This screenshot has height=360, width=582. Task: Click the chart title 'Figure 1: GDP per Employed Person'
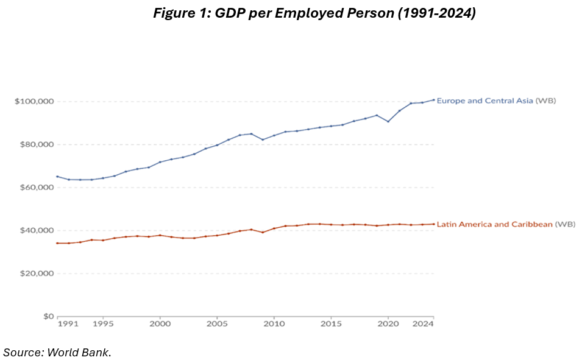[x=314, y=13]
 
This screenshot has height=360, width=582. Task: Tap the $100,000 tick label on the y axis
[x=34, y=101]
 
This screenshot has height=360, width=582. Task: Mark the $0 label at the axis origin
[x=47, y=317]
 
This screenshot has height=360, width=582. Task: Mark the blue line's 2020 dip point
[x=388, y=122]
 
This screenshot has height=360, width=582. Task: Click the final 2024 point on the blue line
[x=434, y=100]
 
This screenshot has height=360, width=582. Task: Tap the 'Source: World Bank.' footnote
[x=57, y=352]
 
